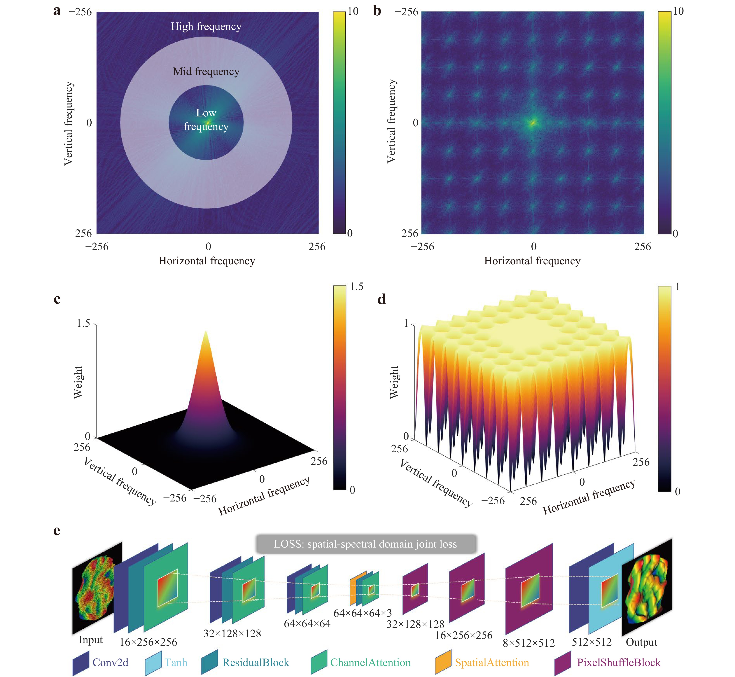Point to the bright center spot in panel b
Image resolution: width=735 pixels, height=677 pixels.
(533, 123)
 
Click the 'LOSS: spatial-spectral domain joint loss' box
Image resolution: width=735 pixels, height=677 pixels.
(366, 544)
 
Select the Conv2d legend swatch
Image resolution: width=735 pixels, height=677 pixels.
(81, 662)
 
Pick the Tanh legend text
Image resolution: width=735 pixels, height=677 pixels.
(176, 662)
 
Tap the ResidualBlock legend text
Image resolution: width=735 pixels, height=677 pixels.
(256, 662)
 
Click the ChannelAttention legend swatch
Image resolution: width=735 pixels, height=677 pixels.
(319, 662)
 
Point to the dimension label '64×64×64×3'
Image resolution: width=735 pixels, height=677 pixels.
(362, 613)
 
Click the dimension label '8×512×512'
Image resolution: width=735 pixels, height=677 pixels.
(529, 643)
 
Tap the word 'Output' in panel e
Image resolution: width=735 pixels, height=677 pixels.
(641, 642)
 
